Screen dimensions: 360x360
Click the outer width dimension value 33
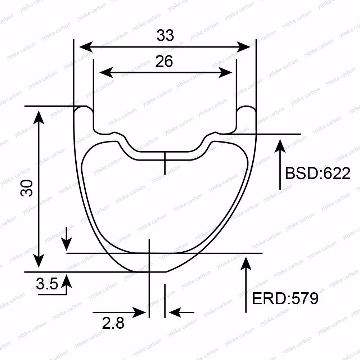tap(165, 36)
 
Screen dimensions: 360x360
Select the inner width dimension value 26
tap(164, 62)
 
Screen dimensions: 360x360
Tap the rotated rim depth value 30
tap(27, 188)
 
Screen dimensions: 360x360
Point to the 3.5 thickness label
tap(47, 284)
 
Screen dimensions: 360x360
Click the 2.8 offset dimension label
tap(113, 323)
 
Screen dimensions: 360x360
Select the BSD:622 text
tap(318, 173)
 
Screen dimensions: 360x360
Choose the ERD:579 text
tap(285, 299)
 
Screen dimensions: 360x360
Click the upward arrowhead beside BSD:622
tap(280, 146)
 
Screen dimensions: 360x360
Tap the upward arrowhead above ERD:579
tap(246, 264)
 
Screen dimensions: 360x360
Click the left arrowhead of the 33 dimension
tap(86, 47)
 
